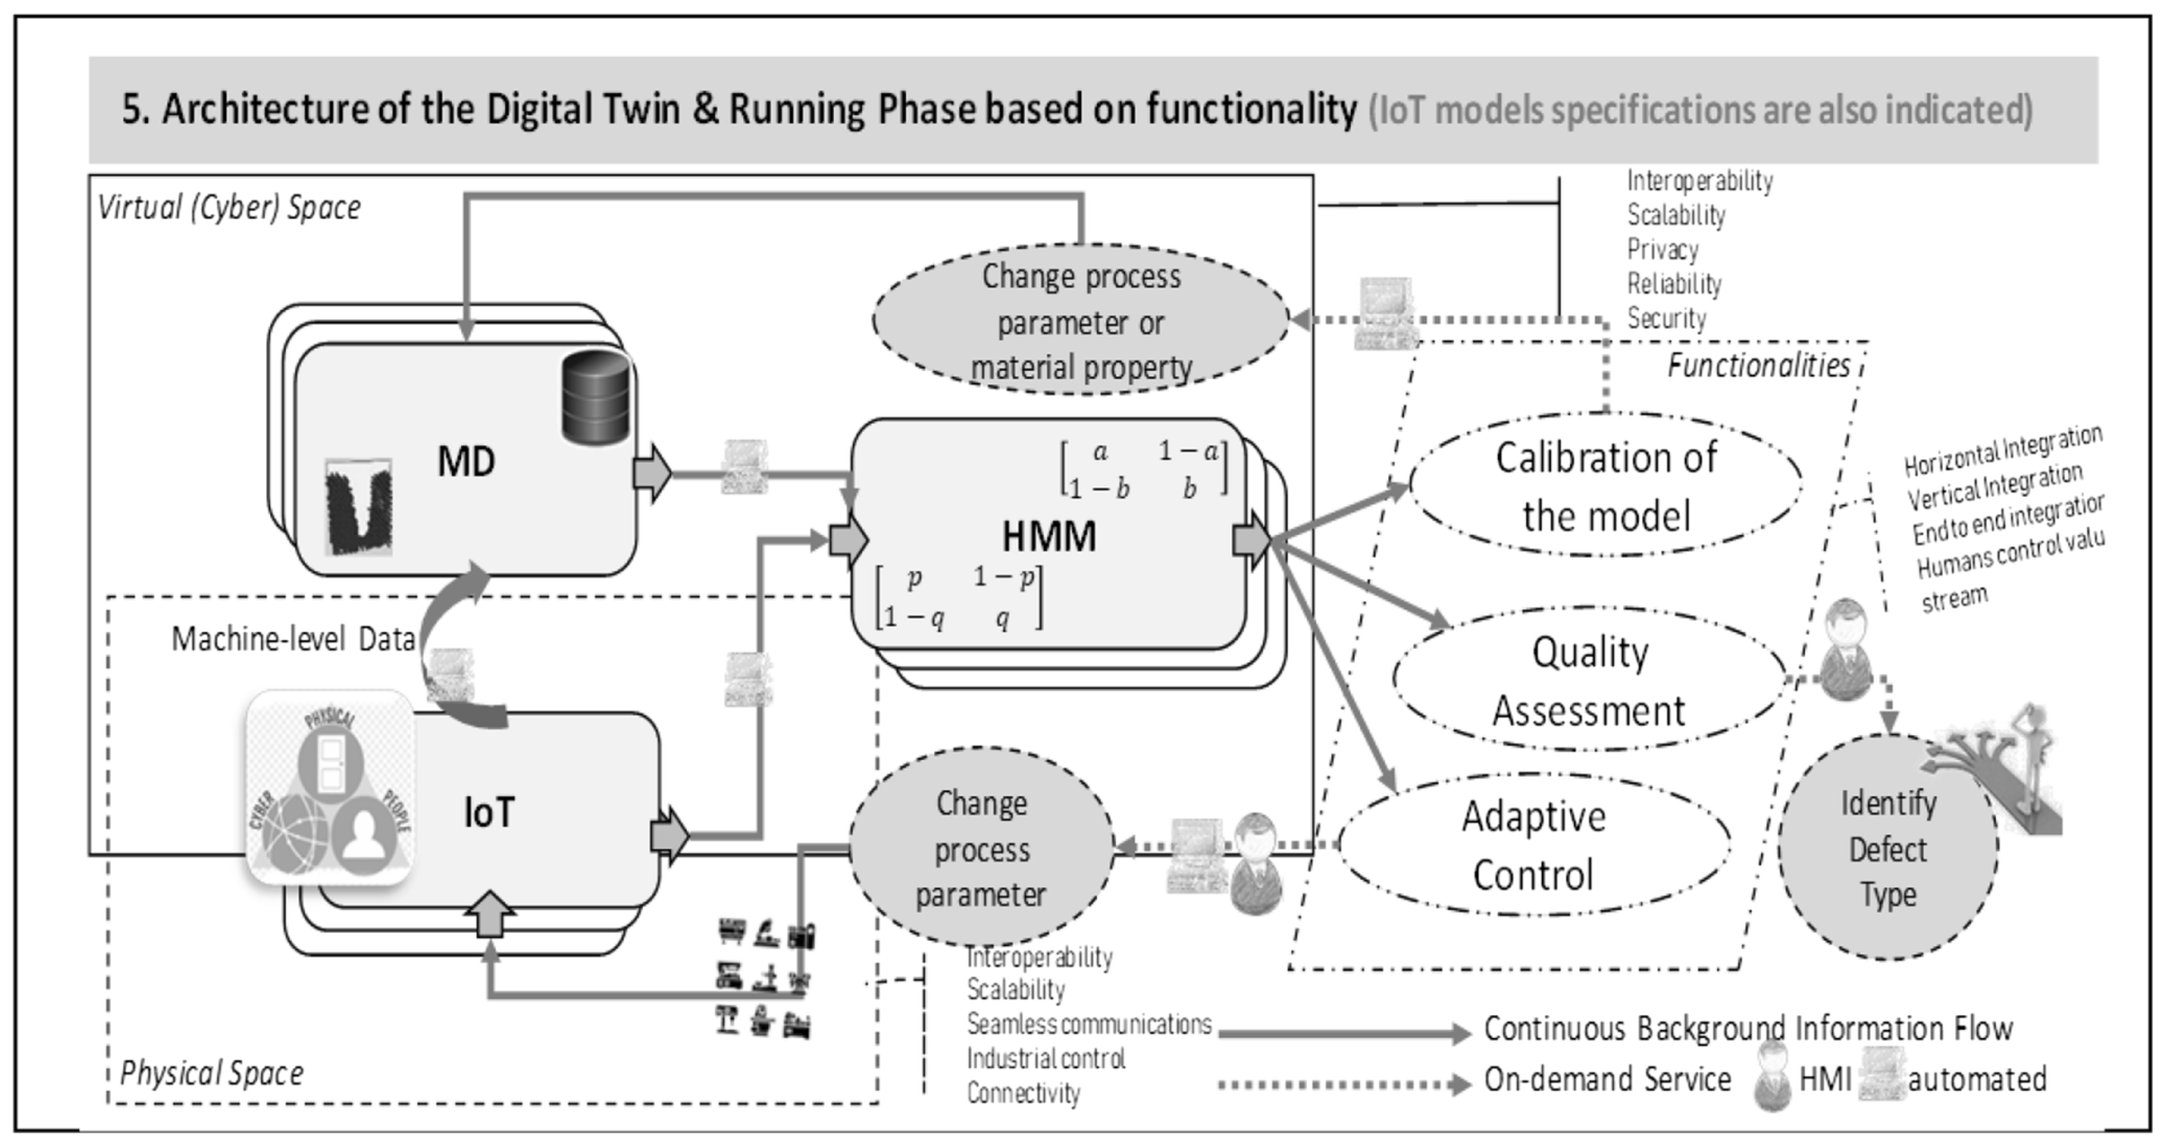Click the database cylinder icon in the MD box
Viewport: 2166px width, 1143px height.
point(595,398)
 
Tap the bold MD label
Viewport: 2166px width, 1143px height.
point(466,462)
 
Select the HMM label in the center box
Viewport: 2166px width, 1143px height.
point(1048,536)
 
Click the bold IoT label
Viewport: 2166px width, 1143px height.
point(489,813)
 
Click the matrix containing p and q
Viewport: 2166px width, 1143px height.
point(959,597)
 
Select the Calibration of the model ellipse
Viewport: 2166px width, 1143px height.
point(1606,486)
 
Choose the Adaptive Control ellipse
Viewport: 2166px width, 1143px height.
point(1534,845)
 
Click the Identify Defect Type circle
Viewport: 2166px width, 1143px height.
point(1888,848)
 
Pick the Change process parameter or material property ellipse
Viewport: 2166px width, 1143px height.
point(1081,321)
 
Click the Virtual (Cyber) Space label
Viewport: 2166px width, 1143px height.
point(229,207)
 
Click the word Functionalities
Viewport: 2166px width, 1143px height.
point(1758,366)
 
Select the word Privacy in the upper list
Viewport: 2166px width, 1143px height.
point(1663,250)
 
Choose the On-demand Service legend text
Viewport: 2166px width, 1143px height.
point(1607,1079)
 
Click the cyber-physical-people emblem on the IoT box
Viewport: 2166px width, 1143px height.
point(329,787)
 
